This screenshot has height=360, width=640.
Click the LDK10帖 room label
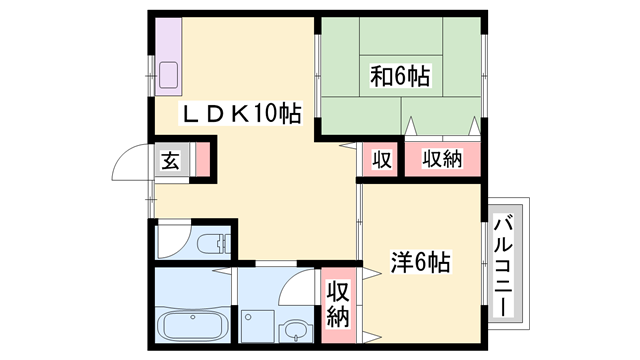(x=241, y=114)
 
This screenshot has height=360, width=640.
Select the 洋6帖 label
(x=419, y=264)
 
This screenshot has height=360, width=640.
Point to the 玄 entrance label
(x=170, y=159)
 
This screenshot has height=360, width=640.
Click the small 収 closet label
(x=381, y=159)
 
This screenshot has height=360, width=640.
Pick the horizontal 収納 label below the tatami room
(x=441, y=159)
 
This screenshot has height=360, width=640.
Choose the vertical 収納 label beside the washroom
(x=337, y=303)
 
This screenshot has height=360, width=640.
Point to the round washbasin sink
(x=295, y=329)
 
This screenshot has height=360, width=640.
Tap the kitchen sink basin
(x=169, y=73)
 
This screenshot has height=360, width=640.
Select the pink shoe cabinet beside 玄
(x=203, y=159)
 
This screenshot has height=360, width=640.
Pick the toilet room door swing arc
(x=166, y=241)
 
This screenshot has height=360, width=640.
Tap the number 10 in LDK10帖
(x=265, y=114)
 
